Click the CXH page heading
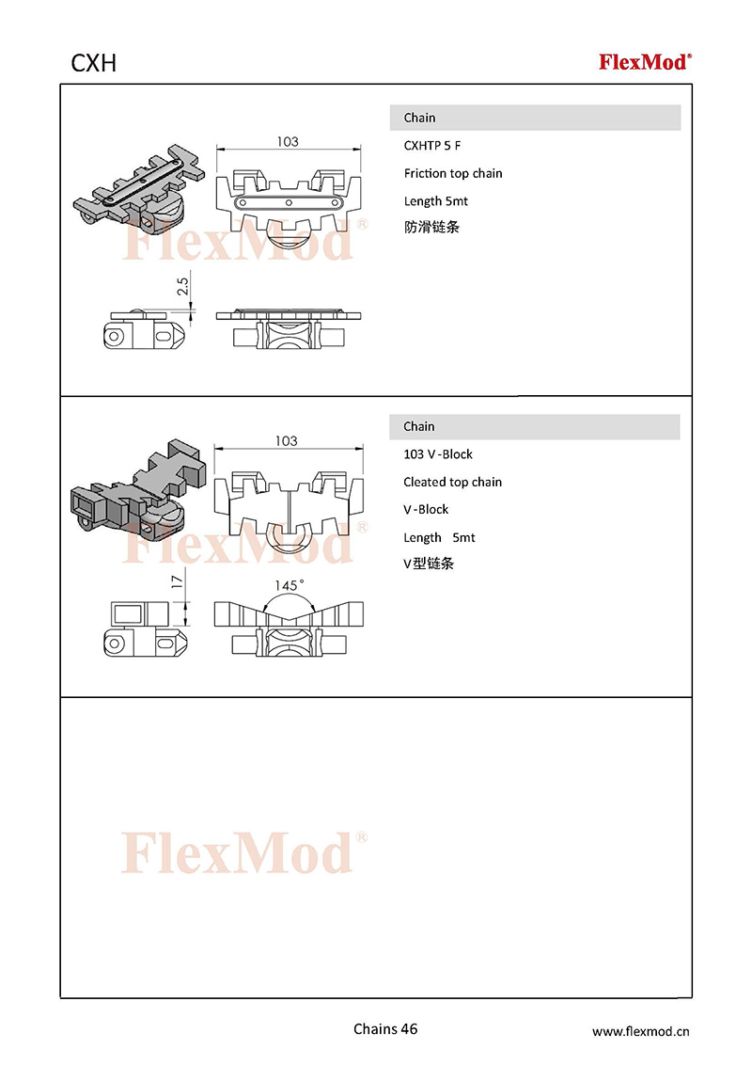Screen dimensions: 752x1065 (94, 63)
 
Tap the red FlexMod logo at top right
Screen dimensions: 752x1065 (645, 62)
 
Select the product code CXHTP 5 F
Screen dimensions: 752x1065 (432, 145)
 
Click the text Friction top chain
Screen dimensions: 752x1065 (453, 173)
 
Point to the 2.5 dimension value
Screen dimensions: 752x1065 (182, 285)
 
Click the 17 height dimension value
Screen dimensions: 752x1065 (177, 581)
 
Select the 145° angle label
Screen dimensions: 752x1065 (290, 585)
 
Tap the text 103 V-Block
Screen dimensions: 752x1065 (438, 454)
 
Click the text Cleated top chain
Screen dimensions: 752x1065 (453, 483)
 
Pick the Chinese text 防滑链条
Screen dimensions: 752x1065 (431, 227)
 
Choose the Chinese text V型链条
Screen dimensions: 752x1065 (429, 563)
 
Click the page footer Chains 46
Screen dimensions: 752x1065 (385, 1029)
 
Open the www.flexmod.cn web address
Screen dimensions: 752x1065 (641, 1031)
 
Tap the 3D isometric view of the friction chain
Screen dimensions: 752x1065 (140, 186)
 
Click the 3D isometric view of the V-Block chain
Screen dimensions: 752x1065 (138, 487)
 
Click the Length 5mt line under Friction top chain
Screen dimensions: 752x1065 (436, 201)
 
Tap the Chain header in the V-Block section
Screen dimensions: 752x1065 (418, 426)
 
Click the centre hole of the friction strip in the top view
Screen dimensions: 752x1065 (289, 202)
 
